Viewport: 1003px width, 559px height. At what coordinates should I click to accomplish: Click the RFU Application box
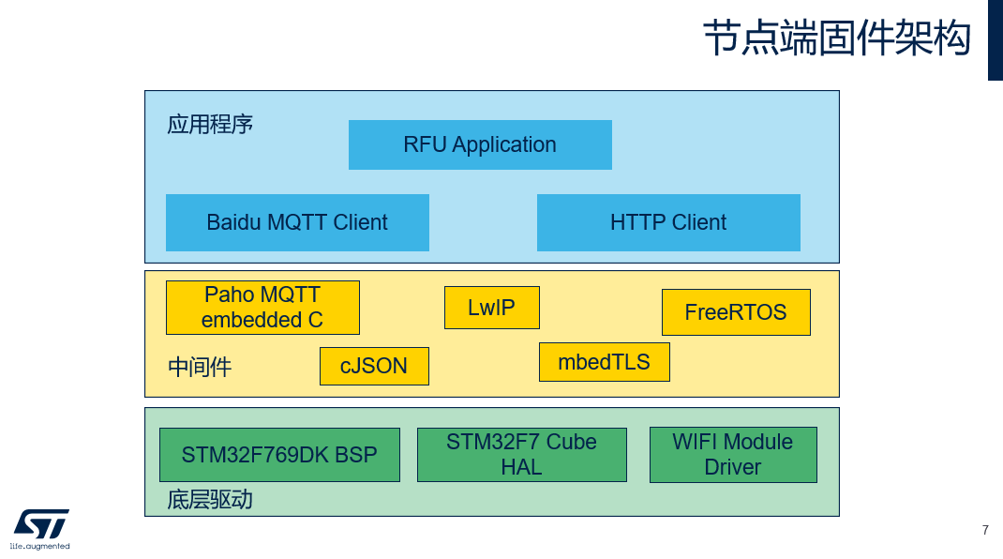coord(480,144)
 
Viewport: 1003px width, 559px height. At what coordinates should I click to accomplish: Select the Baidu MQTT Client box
coord(297,223)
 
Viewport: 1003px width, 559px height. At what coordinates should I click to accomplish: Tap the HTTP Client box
coord(668,223)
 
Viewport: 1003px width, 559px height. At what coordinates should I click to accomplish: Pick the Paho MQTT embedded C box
coord(262,308)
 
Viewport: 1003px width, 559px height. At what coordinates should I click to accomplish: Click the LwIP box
coord(492,308)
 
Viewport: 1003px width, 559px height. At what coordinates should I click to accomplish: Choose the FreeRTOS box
coord(736,311)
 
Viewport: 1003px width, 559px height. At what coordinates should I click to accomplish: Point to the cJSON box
coord(374,367)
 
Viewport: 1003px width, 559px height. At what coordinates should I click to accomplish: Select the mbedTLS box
coord(605,362)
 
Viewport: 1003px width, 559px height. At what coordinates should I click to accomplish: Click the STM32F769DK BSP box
coord(279,455)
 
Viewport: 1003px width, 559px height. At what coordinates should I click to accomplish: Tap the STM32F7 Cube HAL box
coord(522,455)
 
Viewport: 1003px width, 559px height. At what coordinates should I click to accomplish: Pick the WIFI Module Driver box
coord(733,455)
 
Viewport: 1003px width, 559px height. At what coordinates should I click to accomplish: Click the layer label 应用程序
coord(210,124)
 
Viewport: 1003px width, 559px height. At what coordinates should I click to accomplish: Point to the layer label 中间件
coord(200,367)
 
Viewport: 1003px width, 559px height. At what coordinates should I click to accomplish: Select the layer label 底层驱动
coord(210,500)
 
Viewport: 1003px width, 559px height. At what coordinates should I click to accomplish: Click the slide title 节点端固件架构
coord(837,38)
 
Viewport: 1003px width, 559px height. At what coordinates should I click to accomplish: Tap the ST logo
coord(41,524)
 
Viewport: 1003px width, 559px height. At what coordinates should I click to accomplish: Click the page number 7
coord(985,530)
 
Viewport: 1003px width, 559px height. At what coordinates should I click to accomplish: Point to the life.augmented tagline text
coord(39,546)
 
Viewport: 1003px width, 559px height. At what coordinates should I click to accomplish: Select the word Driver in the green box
coord(732,467)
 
